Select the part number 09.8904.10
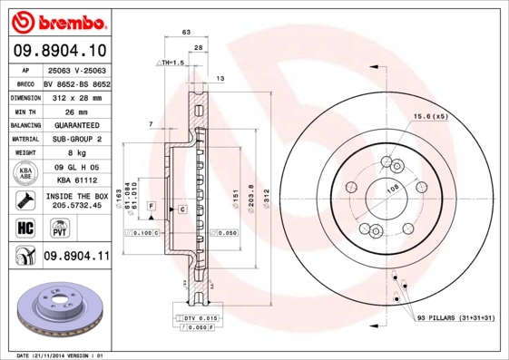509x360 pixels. point(61,50)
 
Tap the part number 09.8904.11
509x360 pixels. point(76,257)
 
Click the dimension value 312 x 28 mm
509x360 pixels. point(75,96)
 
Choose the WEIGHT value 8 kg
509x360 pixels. point(75,153)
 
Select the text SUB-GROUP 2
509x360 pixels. point(75,139)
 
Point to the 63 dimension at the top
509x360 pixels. point(186,33)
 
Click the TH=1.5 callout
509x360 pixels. point(170,63)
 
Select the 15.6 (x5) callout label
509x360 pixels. point(431,117)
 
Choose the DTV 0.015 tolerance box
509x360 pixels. point(195,319)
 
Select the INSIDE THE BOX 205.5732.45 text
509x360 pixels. point(75,199)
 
